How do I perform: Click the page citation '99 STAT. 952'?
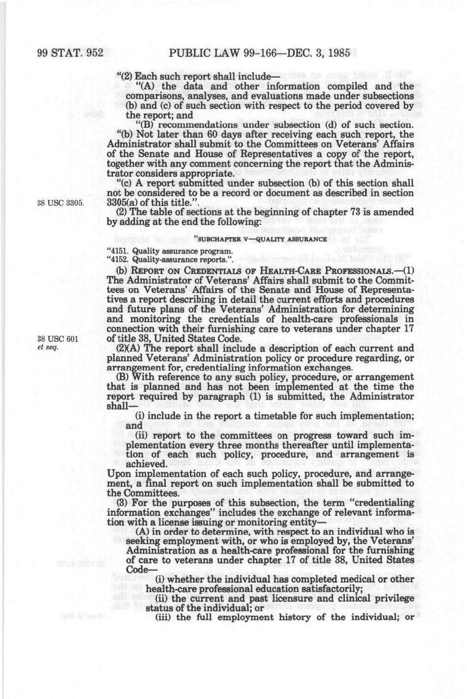click(70, 53)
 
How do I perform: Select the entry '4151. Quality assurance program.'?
click(170, 251)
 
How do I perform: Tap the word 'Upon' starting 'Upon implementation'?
click(118, 474)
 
